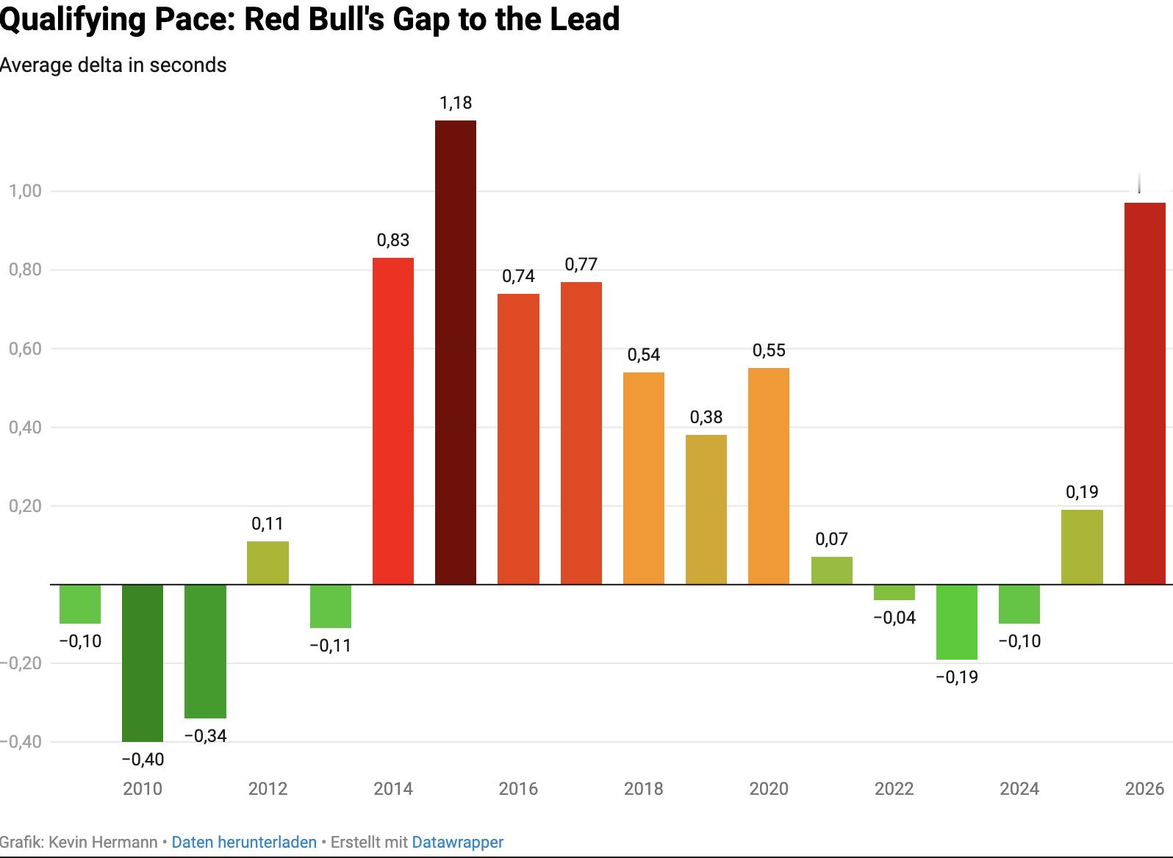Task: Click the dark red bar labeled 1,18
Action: tap(456, 352)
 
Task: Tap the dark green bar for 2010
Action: tap(143, 663)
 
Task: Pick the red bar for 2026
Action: tap(1144, 393)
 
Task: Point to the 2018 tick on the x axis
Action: tap(644, 789)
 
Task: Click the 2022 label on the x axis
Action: tap(894, 789)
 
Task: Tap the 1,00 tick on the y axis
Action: tap(25, 191)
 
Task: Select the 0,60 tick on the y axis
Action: tap(25, 348)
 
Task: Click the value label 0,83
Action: tap(393, 240)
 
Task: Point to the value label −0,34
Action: tap(206, 735)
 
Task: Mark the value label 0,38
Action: tap(706, 417)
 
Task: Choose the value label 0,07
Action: tap(832, 539)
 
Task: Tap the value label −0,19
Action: tap(957, 677)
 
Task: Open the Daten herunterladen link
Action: tap(244, 842)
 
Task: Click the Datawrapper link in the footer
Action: tap(457, 842)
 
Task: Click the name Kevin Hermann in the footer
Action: tap(103, 842)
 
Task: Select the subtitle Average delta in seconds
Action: tap(113, 65)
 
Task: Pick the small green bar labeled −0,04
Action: tap(894, 592)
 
